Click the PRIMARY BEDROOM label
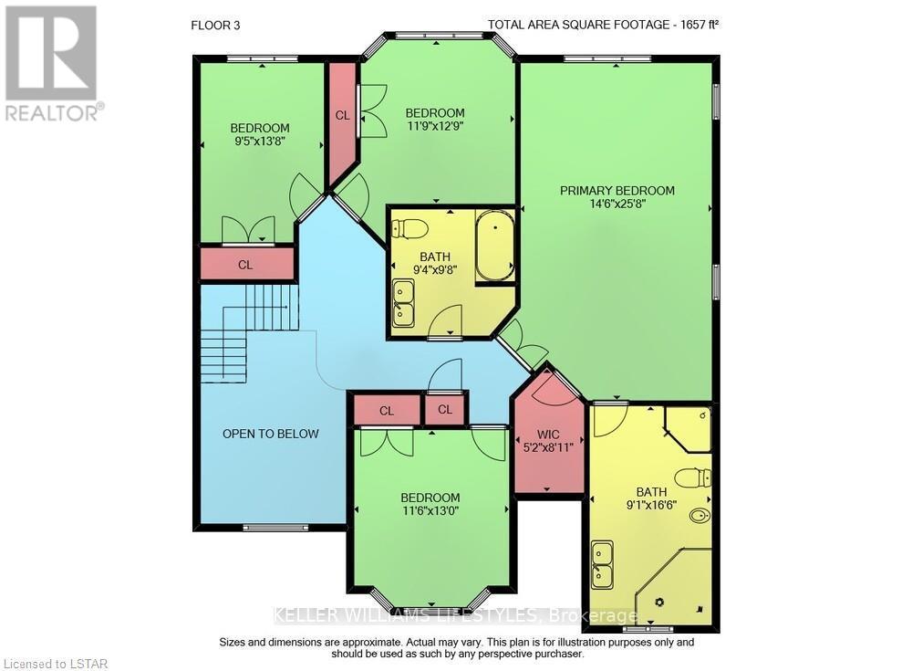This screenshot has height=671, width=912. tap(617, 191)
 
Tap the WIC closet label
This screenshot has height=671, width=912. tap(548, 434)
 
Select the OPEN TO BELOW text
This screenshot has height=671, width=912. tap(271, 434)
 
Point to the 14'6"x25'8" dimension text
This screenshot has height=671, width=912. tap(617, 205)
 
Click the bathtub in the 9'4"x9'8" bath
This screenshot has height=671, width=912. tap(495, 246)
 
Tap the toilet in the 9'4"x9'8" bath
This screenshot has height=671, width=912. tap(409, 227)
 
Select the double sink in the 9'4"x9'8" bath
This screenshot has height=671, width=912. tap(402, 304)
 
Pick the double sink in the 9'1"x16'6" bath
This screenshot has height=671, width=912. tap(602, 564)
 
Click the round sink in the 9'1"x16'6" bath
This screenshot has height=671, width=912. tap(699, 517)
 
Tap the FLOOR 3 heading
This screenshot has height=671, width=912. tap(215, 25)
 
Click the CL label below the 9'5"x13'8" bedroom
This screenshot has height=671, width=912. tap(245, 265)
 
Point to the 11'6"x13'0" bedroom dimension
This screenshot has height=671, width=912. tap(430, 511)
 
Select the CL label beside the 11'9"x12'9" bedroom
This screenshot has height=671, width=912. tap(342, 116)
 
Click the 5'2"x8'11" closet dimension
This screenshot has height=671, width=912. tap(548, 448)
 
